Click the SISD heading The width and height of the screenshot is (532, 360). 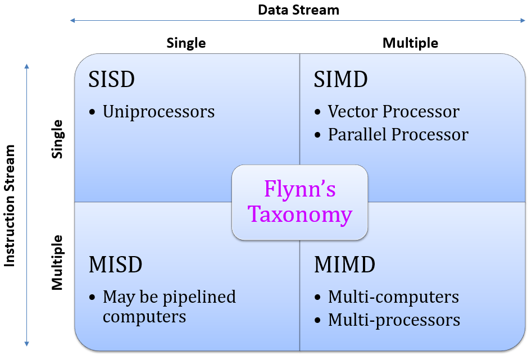tap(112, 80)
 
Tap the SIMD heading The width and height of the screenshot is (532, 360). tap(340, 80)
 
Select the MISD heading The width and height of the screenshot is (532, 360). tap(115, 265)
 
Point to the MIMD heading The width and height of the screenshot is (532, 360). tap(344, 265)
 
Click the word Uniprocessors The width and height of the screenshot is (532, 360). tap(158, 112)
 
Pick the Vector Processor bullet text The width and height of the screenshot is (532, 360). tap(393, 112)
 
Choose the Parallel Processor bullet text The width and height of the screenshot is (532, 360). tap(398, 135)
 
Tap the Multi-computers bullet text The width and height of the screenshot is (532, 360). tap(393, 297)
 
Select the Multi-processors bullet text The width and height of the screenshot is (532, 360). tap(394, 320)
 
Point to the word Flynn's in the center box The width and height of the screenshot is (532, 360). tap(300, 189)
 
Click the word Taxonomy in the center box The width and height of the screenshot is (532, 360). tap(300, 215)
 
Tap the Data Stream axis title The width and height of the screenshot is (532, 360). tap(298, 10)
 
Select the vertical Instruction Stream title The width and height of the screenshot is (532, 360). tap(10, 206)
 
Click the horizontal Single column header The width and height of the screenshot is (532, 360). tap(186, 43)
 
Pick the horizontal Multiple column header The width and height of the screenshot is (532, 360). tap(410, 43)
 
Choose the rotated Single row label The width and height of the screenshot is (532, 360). tap(57, 138)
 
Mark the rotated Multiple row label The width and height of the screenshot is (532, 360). tap(57, 262)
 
